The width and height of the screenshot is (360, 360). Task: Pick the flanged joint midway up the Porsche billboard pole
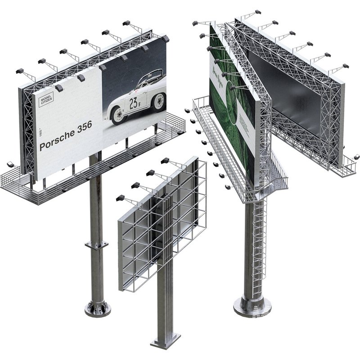(97, 245)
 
